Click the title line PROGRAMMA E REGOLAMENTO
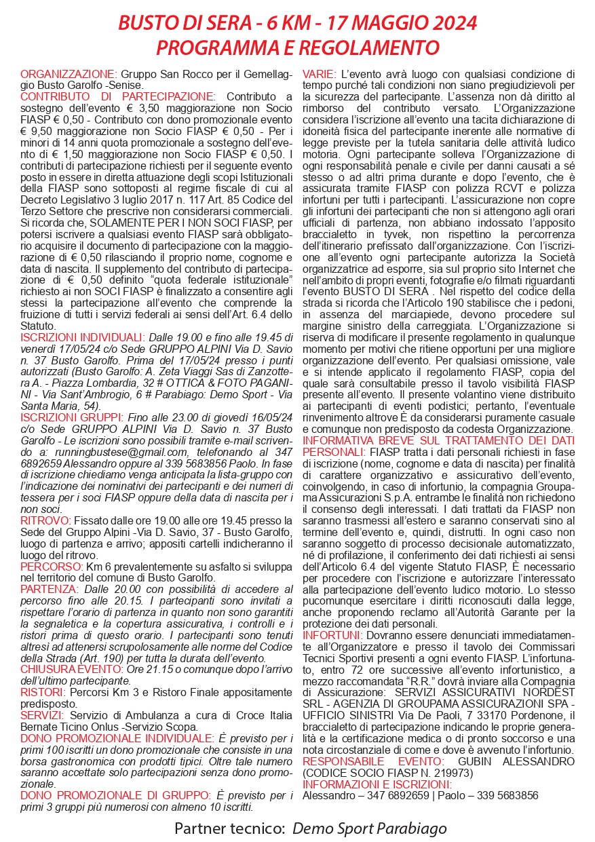pyautogui.click(x=297, y=48)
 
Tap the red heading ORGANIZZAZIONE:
pyautogui.click(x=69, y=74)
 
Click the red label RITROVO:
pyautogui.click(x=44, y=501)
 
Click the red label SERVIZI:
pyautogui.click(x=42, y=716)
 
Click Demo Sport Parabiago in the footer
pyautogui.click(x=369, y=828)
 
